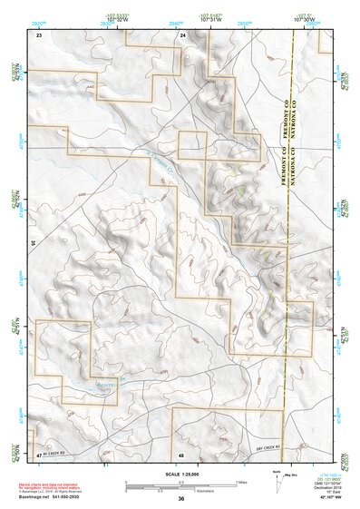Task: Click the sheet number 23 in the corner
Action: pos(39,34)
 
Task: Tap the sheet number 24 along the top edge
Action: pos(182,34)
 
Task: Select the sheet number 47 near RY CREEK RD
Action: pos(39,454)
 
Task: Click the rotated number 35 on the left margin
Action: pos(33,243)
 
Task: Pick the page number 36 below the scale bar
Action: pos(181,498)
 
